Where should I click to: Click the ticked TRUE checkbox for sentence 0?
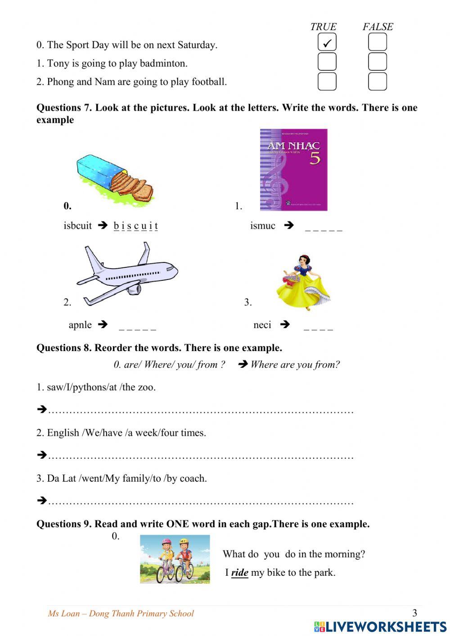pos(327,42)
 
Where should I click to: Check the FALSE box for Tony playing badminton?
pos(378,62)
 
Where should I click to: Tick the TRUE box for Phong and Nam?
pos(327,81)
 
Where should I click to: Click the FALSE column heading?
pos(378,27)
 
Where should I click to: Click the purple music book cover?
pos(293,170)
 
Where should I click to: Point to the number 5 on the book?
pos(315,158)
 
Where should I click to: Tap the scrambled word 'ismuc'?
pos(263,226)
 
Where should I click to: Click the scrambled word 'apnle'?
pos(80,325)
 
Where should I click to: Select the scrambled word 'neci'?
pos(262,325)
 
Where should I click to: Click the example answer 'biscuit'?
pos(135,226)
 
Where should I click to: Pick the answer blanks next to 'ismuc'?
pos(324,229)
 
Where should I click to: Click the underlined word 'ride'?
pos(239,573)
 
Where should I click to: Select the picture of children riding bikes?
pos(175,559)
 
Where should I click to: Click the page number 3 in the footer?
pos(414,613)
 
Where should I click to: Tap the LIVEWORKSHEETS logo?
pos(380,627)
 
